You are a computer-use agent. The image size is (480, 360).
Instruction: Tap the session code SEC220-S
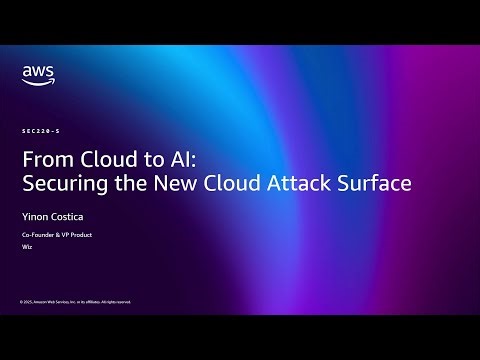[x=39, y=131]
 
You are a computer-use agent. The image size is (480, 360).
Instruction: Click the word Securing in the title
[x=60, y=184]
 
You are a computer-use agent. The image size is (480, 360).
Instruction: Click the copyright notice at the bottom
[x=75, y=301]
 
